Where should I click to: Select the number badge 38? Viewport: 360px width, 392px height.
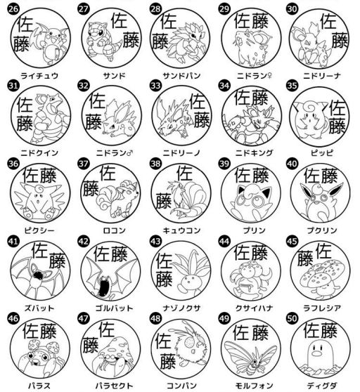tap(155, 164)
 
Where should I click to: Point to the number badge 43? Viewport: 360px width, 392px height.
tap(155, 242)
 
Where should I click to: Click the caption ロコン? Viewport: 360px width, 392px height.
tap(108, 229)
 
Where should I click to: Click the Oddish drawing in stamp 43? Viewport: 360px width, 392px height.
tap(187, 277)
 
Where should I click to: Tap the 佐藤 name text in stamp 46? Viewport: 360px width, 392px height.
tap(39, 329)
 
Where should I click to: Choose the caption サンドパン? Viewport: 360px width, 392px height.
tap(179, 74)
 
